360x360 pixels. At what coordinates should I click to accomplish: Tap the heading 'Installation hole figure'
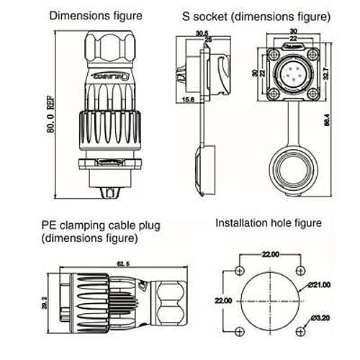tap(269, 224)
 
